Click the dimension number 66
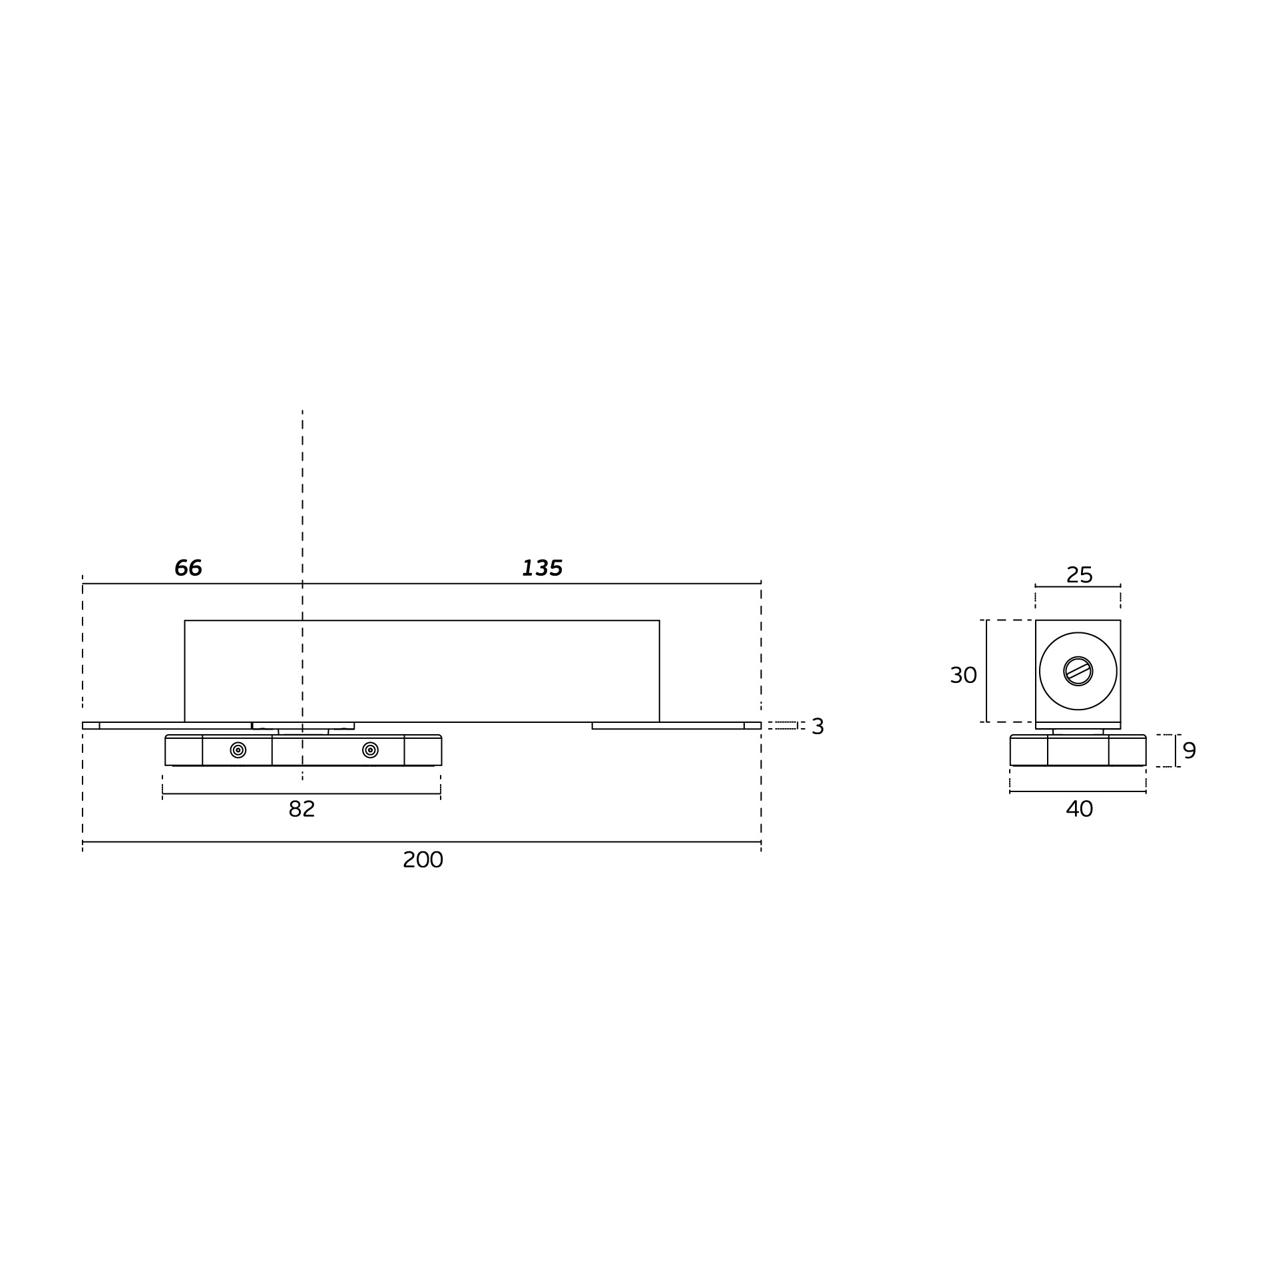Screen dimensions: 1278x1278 188,568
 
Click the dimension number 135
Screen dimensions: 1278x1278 542,568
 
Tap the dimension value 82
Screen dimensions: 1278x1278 302,809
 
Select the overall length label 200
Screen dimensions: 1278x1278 423,860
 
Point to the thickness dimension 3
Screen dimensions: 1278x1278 817,726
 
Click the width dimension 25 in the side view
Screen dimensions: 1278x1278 1079,574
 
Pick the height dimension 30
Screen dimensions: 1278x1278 962,675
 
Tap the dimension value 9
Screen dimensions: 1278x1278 1189,750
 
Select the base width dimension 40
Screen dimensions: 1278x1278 1079,809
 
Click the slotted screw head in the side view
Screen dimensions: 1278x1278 1078,670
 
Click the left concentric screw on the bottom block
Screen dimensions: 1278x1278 238,750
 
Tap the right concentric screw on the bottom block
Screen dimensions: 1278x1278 370,750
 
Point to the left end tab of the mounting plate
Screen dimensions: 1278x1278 91,726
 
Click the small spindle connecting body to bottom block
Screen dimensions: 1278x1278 303,732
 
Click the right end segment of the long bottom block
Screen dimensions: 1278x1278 422,750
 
